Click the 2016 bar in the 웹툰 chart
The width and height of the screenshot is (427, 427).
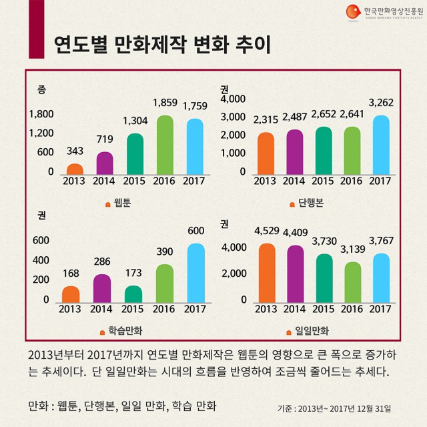[164, 144]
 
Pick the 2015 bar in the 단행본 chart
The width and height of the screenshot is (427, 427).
[323, 150]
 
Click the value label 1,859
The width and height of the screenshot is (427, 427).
[165, 104]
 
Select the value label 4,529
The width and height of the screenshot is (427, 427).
[266, 232]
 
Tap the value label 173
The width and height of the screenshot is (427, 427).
[134, 274]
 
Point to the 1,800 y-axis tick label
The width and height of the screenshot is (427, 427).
[41, 114]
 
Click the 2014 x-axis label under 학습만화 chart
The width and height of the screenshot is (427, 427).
[102, 309]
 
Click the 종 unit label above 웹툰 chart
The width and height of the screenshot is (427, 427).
[41, 89]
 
